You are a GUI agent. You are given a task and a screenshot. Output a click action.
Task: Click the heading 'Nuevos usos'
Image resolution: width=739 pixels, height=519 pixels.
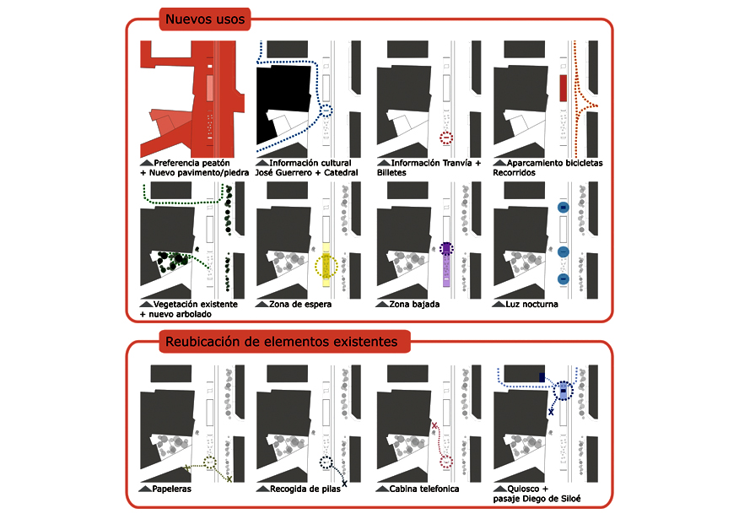pos(204,19)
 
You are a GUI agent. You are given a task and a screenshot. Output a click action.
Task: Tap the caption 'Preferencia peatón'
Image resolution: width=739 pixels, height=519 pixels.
pos(197,162)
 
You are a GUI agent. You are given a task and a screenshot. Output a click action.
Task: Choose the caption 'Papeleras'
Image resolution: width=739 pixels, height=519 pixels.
pos(173,489)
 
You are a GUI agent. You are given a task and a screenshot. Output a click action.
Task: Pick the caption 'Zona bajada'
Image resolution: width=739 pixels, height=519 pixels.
pos(413,304)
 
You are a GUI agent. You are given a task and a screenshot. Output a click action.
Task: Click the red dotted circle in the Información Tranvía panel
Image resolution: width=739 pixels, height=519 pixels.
pos(446,138)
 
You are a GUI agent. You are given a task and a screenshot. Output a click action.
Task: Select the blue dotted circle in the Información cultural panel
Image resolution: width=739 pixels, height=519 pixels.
pos(326,110)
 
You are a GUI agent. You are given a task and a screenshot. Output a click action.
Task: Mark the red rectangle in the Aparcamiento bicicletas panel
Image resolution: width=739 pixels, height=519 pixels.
pos(563,88)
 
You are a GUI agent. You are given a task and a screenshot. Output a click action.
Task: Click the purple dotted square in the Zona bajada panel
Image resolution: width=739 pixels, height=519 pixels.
pos(446,249)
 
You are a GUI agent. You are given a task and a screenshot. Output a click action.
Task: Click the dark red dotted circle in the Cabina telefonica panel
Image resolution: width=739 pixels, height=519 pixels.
pos(446,462)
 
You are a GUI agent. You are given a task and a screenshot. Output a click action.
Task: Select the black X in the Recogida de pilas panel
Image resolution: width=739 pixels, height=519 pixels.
pos(344,484)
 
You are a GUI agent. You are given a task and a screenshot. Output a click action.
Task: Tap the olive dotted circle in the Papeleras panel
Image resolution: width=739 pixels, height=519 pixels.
pos(210,462)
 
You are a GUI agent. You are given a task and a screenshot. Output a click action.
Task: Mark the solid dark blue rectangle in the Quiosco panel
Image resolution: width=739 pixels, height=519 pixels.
pos(542,376)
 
